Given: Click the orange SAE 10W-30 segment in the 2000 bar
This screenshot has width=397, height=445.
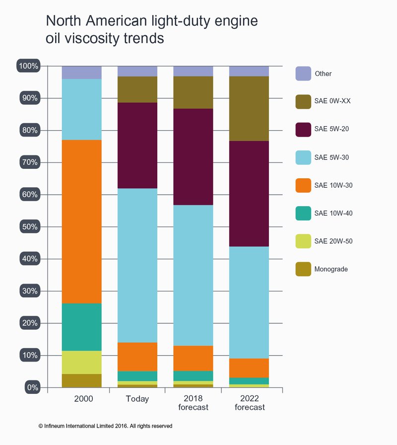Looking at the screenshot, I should click(82, 222).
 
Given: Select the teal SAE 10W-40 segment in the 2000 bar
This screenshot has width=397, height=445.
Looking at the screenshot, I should click(82, 327).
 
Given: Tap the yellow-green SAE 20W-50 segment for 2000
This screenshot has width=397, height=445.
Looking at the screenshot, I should click(82, 362).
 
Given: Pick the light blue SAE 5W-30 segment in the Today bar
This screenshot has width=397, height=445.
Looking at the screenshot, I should click(137, 265).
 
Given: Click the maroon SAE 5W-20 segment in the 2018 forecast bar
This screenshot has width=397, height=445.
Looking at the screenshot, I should click(193, 156).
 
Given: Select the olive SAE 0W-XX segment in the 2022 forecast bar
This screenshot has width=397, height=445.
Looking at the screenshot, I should click(249, 108).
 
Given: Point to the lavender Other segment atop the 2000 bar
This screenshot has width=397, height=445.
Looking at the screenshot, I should click(82, 73).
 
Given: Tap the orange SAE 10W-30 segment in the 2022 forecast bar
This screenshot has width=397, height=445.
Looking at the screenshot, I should click(249, 368).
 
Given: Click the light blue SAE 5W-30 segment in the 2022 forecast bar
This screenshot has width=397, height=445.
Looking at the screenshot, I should click(249, 302).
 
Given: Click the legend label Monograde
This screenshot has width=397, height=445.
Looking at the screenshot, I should click(331, 269).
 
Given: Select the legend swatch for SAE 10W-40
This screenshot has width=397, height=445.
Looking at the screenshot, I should click(303, 214).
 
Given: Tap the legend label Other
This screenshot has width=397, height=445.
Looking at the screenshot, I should click(323, 74).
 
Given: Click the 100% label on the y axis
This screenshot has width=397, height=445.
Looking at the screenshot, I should click(29, 66).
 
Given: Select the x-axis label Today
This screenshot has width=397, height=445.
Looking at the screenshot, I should click(137, 399).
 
